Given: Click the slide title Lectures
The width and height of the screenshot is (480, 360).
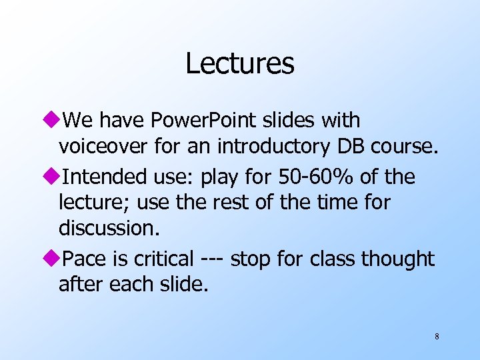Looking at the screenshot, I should point(239,64).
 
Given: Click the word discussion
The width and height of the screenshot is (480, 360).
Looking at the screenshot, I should point(109,228).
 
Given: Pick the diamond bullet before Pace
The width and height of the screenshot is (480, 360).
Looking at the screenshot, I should point(53,259).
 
